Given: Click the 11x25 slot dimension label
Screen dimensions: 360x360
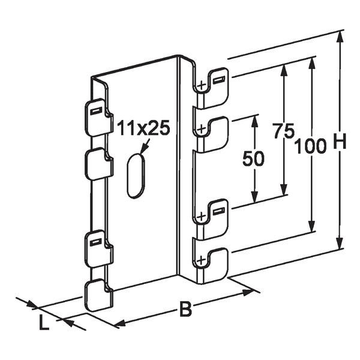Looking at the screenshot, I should [x=143, y=128].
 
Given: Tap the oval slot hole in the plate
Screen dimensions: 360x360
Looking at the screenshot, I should [x=136, y=175].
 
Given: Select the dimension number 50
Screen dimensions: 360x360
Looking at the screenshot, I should [x=253, y=159].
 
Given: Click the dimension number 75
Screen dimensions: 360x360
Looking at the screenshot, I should [x=283, y=131].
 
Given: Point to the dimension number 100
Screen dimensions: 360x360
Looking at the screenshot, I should [x=310, y=145].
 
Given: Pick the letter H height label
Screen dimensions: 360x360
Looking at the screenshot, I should [x=340, y=142].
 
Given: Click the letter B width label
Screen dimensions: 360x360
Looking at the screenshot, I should [x=187, y=310].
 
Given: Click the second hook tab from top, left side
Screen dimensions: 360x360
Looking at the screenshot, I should [x=97, y=164].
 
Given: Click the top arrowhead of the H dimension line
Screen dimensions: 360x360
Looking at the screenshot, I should [x=340, y=37].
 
